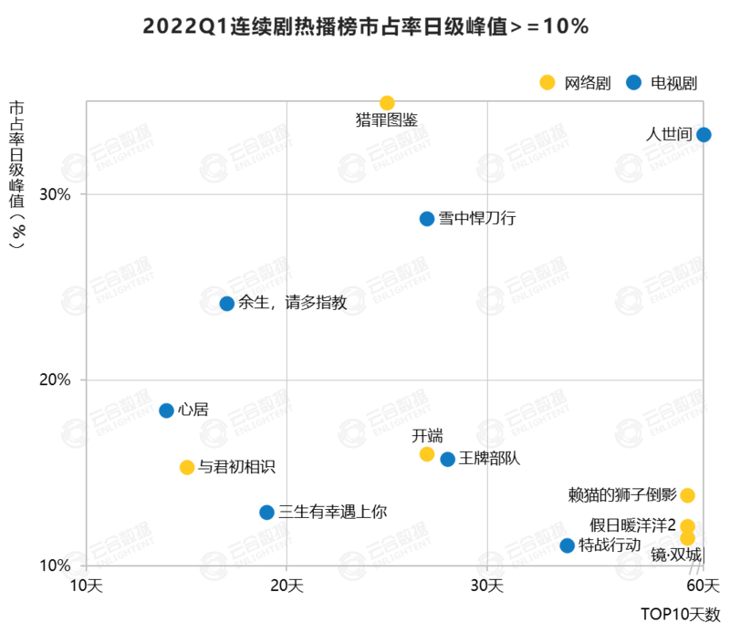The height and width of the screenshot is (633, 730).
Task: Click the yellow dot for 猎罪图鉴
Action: click(387, 103)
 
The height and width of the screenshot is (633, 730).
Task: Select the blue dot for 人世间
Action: click(704, 135)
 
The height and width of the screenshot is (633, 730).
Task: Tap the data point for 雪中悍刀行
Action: click(427, 219)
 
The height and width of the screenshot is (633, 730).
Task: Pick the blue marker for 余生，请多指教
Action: click(227, 304)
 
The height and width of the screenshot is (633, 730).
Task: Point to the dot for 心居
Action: click(166, 410)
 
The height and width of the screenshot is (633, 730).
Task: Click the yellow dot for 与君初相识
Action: click(187, 467)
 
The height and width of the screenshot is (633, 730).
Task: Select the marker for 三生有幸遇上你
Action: click(266, 513)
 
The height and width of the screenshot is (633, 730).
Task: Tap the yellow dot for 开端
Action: click(427, 454)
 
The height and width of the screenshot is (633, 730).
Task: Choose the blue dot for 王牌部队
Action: click(448, 459)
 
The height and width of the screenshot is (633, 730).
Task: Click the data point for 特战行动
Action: click(567, 545)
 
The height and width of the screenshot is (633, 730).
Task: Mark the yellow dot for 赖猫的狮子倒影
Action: click(687, 495)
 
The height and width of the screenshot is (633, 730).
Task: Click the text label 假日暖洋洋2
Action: click(631, 525)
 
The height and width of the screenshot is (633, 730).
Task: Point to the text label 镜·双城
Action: click(676, 555)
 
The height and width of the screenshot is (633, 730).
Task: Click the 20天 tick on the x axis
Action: click(287, 583)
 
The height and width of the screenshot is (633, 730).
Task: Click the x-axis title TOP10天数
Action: click(680, 614)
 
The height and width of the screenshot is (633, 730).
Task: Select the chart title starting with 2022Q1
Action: click(365, 26)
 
